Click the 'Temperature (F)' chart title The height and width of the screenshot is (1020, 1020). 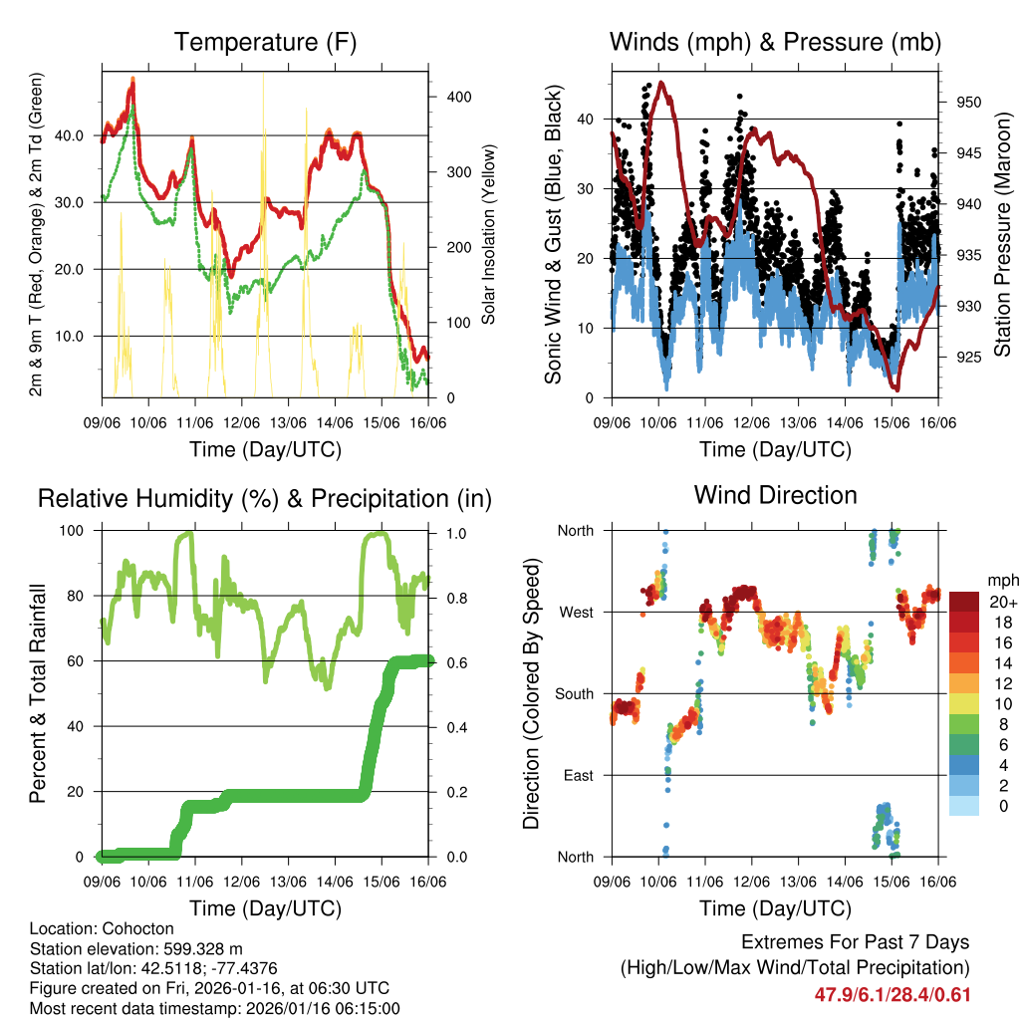pos(265,42)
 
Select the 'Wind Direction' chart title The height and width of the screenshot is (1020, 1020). pos(775,494)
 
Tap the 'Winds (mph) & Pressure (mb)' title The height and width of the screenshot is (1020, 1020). pos(775,42)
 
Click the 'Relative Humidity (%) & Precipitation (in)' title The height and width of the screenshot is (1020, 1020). pos(265,498)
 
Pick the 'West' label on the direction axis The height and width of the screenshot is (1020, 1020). pos(575,612)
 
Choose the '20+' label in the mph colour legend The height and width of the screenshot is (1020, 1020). pos(1003,602)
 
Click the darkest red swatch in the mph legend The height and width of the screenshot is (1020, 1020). pos(963,602)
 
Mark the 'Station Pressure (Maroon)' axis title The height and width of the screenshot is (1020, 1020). pos(1003,222)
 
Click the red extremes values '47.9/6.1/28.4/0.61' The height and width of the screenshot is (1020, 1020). pos(892,994)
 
